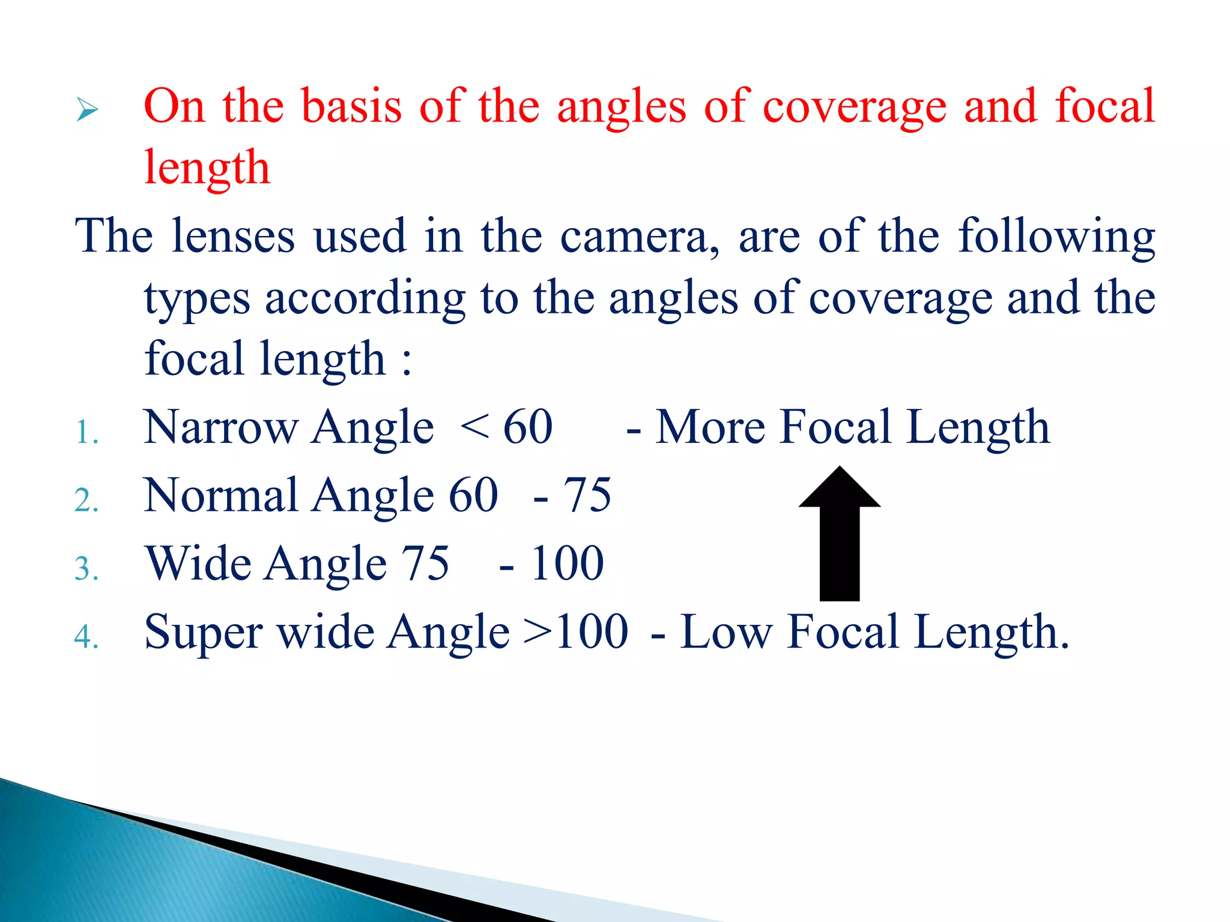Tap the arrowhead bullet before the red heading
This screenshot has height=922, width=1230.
88,110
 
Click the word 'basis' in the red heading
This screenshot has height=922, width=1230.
351,106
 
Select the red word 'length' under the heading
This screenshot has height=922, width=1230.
207,168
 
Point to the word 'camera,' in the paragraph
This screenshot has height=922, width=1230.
640,237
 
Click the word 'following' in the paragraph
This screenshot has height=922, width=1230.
1056,237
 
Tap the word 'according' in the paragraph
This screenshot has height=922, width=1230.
365,298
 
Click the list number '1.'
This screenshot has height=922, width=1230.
86,432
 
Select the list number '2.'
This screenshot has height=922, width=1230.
86,500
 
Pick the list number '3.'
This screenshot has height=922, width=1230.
86,568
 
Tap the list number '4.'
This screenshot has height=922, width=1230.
86,636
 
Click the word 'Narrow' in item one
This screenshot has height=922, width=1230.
221,427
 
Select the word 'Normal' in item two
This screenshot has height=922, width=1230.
221,495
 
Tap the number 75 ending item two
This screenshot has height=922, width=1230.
587,495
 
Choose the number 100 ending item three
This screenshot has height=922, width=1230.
567,564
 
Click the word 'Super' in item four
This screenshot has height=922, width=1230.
203,632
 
